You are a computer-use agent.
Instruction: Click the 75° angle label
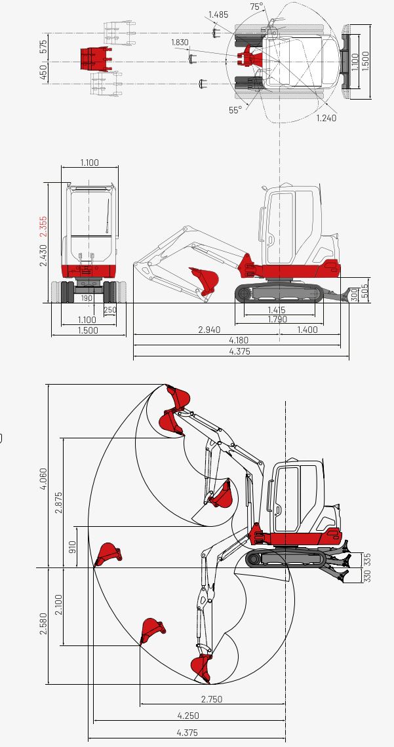pyautogui.click(x=256, y=7)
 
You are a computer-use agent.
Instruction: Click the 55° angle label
pyautogui.click(x=235, y=110)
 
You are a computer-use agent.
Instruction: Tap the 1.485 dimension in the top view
pyautogui.click(x=218, y=14)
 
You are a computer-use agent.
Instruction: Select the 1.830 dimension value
pyautogui.click(x=180, y=43)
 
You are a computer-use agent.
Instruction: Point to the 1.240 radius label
pyautogui.click(x=326, y=118)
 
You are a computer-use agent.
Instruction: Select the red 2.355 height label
pyautogui.click(x=44, y=225)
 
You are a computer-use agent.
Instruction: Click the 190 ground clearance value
pyautogui.click(x=87, y=298)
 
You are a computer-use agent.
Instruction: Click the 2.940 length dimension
pyautogui.click(x=209, y=330)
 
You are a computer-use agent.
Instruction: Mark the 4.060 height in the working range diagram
pyautogui.click(x=44, y=481)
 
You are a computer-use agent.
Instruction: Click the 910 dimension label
pyautogui.click(x=73, y=546)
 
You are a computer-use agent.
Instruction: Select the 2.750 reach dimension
pyautogui.click(x=211, y=699)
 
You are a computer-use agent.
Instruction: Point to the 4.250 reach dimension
pyautogui.click(x=188, y=716)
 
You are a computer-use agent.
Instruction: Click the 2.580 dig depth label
pyautogui.click(x=44, y=626)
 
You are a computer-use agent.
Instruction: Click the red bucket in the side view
pyautogui.click(x=205, y=278)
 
